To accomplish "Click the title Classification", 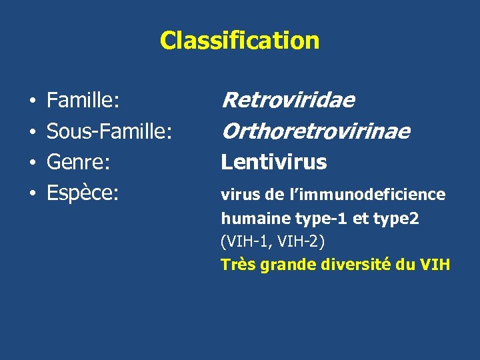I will point(239,41).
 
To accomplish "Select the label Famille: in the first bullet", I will point(83,101).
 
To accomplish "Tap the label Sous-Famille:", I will point(109,132).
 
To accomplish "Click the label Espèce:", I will point(83,193).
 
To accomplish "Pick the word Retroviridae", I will point(288,101).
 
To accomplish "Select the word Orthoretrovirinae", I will point(315,131).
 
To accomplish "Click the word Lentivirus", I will point(274,162).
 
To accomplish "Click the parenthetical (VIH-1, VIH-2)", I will point(273,241).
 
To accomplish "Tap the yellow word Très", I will point(237,265).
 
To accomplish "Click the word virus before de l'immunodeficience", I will point(241,195).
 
